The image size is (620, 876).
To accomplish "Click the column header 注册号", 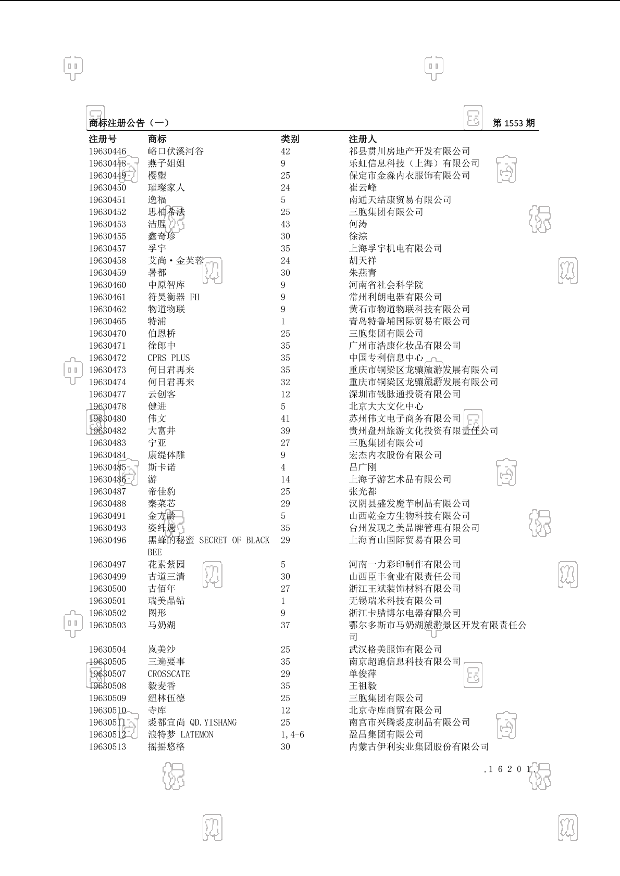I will coord(103,139).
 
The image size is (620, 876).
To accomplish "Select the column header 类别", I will coord(290,139).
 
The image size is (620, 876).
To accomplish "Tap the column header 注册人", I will coord(363,139).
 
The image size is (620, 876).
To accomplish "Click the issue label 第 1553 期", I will coord(513,123).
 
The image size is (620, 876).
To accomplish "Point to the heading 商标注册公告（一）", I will coord(129,123).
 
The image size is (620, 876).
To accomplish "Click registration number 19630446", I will coord(107,151).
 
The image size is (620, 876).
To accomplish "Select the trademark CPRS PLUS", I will coord(169,358).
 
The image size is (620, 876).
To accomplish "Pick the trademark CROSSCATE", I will coord(169,674).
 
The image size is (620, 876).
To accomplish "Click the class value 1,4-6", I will coord(292,735).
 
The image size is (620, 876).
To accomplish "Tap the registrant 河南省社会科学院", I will coord(386,285).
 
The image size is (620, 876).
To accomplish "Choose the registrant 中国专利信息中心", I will coord(386,358).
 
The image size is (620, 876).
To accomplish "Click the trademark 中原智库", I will coord(166,285).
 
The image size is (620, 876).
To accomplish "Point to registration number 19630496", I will coord(107,540).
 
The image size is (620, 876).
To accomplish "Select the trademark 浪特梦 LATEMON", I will coord(180,735).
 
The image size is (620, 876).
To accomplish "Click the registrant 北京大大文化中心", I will coord(386,407).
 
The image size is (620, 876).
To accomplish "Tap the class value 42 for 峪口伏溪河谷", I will coord(286,151).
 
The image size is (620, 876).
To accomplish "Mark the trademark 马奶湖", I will coord(162,625).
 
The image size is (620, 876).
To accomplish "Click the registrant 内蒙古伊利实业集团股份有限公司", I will coord(419,747).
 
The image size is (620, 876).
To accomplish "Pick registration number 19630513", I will coord(107,747).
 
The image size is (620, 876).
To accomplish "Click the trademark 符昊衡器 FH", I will coord(173,297).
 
